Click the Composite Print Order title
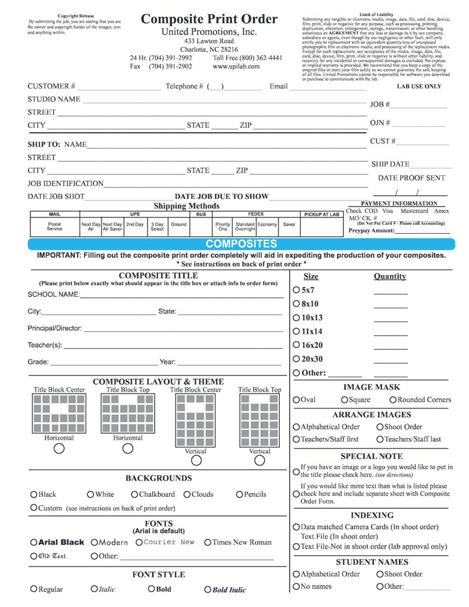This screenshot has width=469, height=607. point(209,20)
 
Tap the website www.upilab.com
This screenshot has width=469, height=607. point(236,67)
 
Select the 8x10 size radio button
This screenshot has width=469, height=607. point(297,304)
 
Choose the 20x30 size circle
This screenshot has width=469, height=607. point(297,359)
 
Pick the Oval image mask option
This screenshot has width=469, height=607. point(296,400)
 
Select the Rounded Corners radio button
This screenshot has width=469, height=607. point(393,400)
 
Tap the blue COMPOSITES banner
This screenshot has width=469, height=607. point(241,244)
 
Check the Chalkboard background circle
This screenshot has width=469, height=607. point(135,495)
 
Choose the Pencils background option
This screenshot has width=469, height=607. point(239,495)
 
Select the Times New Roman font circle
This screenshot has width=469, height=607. point(208,543)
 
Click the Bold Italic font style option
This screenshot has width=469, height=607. point(208,590)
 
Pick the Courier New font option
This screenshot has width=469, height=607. point(139,543)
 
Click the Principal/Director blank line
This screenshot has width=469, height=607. point(183,328)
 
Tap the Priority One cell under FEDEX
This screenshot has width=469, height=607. point(223,226)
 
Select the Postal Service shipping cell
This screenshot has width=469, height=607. point(54,226)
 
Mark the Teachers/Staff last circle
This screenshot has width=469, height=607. point(380,439)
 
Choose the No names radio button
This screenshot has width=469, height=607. point(296,587)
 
